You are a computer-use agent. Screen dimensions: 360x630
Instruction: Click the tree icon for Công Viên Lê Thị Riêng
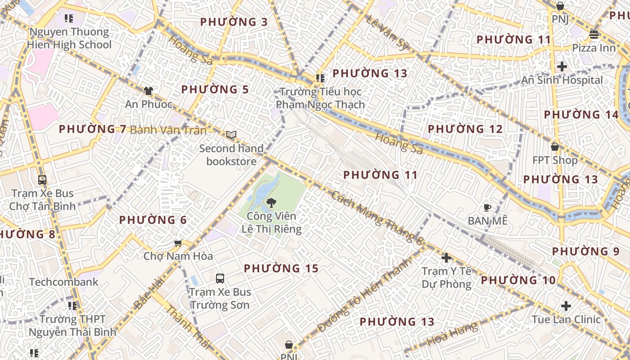coord(271,203)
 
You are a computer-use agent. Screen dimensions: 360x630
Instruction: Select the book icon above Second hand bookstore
coord(231,135)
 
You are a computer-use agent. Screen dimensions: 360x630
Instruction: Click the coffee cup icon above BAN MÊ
coord(487,207)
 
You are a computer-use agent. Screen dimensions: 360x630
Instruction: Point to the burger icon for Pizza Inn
coord(594,35)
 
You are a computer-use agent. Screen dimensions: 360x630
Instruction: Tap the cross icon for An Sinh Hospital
coord(562,67)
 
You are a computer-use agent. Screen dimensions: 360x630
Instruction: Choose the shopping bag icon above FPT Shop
coord(555,147)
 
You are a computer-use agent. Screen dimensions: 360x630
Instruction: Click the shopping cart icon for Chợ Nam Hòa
coord(178,243)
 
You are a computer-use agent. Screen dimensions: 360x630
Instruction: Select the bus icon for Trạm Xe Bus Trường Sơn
coord(220,278)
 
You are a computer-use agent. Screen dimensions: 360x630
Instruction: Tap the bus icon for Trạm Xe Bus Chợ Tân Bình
coord(42,180)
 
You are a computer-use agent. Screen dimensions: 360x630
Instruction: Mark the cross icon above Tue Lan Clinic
coord(566,306)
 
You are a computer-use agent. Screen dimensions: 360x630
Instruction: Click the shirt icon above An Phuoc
coord(148,91)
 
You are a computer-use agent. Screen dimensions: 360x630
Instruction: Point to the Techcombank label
coord(63,282)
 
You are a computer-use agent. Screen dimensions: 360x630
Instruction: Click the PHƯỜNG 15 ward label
coord(281,269)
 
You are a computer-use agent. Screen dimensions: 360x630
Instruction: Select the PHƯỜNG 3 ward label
coord(234,22)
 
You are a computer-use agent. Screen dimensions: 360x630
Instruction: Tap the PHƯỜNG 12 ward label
coord(465,129)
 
